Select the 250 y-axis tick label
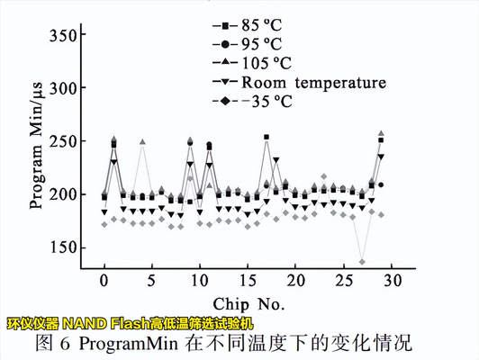63,141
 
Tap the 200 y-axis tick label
63,194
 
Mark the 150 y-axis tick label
63,247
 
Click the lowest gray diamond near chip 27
362,262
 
